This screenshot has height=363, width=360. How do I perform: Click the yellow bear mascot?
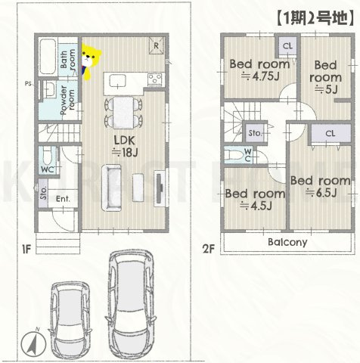click(x=90, y=62)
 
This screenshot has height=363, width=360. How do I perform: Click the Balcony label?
click(x=286, y=243)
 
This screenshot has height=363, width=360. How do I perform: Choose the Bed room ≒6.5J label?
click(x=321, y=186)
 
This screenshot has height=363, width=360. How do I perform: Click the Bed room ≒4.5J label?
click(x=256, y=198)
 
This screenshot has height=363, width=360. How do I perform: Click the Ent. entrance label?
click(x=63, y=199)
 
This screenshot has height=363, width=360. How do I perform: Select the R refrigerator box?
click(x=155, y=44)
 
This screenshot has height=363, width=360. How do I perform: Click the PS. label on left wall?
click(x=28, y=83)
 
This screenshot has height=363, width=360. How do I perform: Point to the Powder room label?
click(x=67, y=99)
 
